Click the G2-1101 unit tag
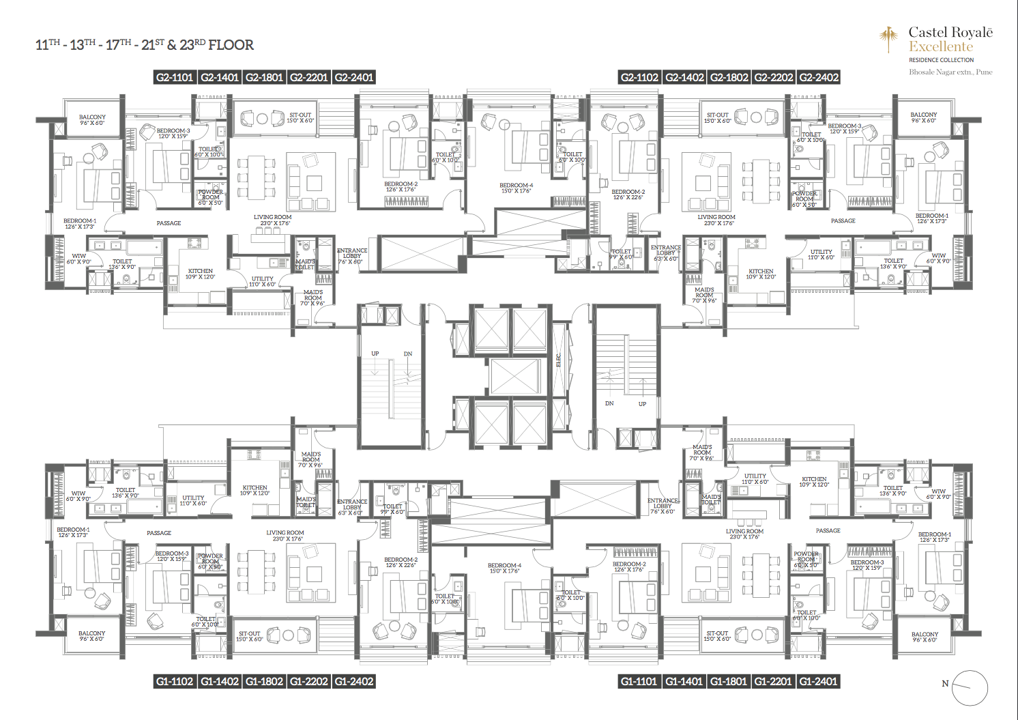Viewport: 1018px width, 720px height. click(x=175, y=78)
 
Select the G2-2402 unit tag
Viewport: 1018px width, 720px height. click(x=819, y=78)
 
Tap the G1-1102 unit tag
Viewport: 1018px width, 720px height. click(x=175, y=681)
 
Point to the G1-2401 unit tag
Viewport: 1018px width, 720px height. click(x=818, y=681)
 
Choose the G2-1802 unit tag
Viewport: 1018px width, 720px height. click(x=729, y=78)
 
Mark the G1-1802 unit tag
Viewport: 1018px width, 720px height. click(x=264, y=681)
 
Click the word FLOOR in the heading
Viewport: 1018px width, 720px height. click(x=231, y=46)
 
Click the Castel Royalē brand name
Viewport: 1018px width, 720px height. click(x=950, y=33)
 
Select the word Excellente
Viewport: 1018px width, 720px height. click(x=940, y=47)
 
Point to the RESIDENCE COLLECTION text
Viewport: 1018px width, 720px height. click(x=941, y=60)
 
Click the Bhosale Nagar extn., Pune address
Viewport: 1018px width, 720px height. click(x=950, y=72)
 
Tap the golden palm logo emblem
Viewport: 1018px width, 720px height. click(x=888, y=39)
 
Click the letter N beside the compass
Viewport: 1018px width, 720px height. click(x=945, y=683)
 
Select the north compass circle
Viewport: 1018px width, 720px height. click(x=970, y=688)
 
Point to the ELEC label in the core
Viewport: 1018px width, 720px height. click(x=558, y=360)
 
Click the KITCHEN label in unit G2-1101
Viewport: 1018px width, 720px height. click(x=200, y=271)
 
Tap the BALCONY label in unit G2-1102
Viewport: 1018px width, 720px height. click(x=923, y=115)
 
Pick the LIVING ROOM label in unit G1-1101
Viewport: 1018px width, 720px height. click(x=744, y=531)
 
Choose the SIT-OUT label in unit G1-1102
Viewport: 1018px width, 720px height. click(x=249, y=634)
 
